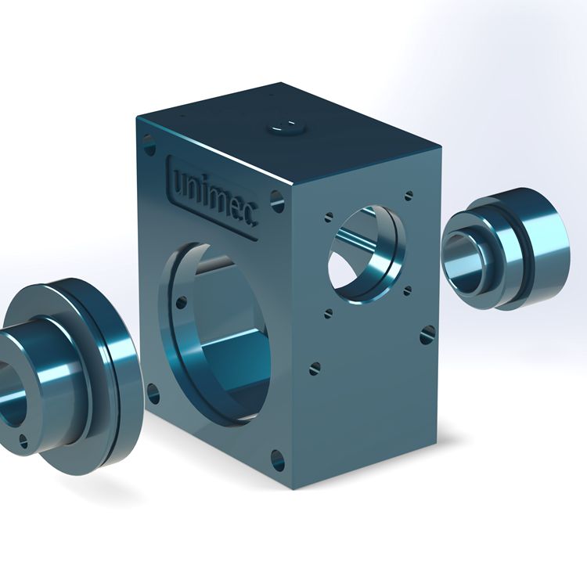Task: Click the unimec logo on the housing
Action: pyautogui.click(x=213, y=196)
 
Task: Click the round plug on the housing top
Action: pyautogui.click(x=287, y=128)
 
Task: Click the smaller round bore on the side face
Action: pyautogui.click(x=366, y=254)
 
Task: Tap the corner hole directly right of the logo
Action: pyautogui.click(x=277, y=201)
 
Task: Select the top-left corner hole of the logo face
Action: pyautogui.click(x=149, y=146)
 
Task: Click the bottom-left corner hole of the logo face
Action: pyautogui.click(x=153, y=394)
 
